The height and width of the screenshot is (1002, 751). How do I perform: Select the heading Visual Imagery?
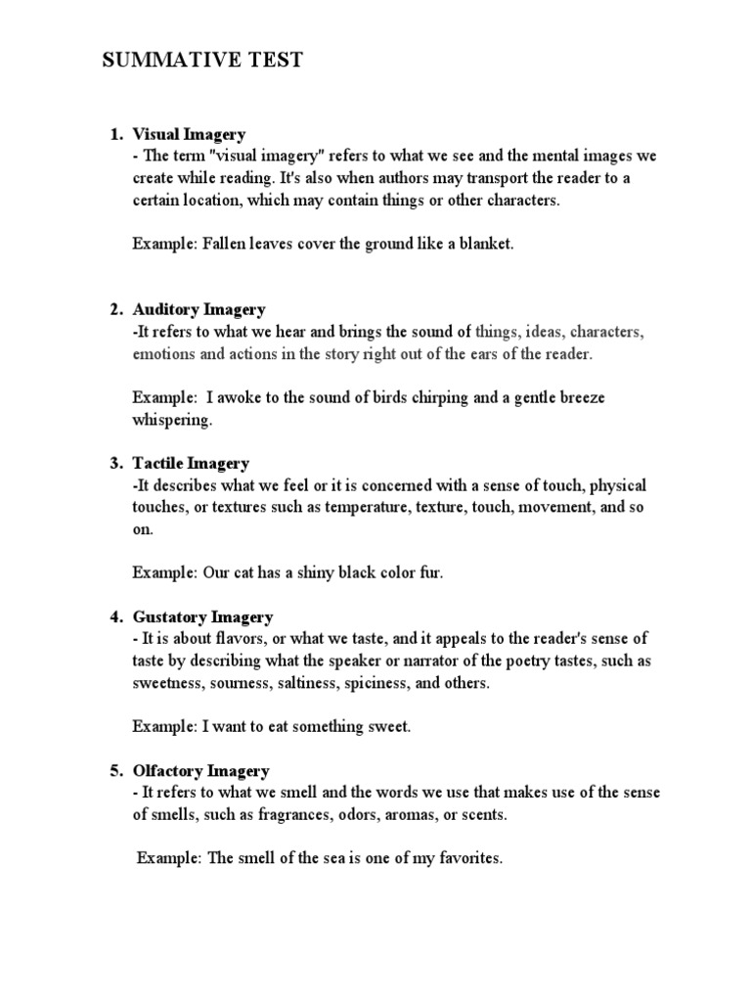(x=189, y=134)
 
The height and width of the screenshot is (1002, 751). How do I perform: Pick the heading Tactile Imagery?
(x=191, y=464)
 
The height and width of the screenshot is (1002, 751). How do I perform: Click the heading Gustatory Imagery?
(x=202, y=617)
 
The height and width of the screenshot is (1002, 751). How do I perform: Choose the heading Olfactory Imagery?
(x=200, y=771)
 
